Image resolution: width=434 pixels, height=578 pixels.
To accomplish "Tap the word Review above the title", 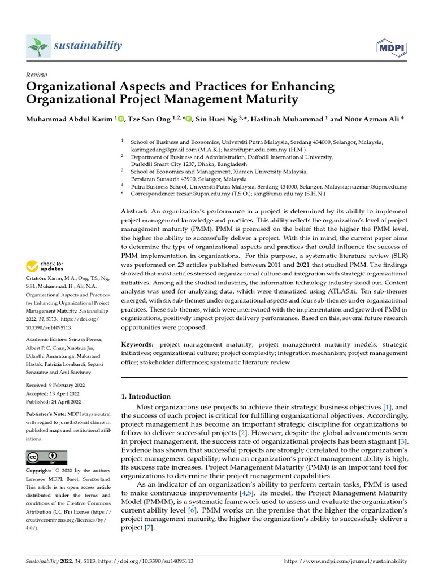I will tap(36, 75).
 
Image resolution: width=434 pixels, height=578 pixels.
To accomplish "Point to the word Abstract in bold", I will tap(134, 210).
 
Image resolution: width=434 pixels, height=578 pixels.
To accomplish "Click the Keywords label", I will tap(138, 344).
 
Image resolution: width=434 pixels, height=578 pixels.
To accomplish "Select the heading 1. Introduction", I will tap(146, 396).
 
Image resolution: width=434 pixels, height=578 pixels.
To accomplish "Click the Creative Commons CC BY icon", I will tap(46, 457).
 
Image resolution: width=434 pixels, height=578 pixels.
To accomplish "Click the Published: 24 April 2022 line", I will tap(54, 401).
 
